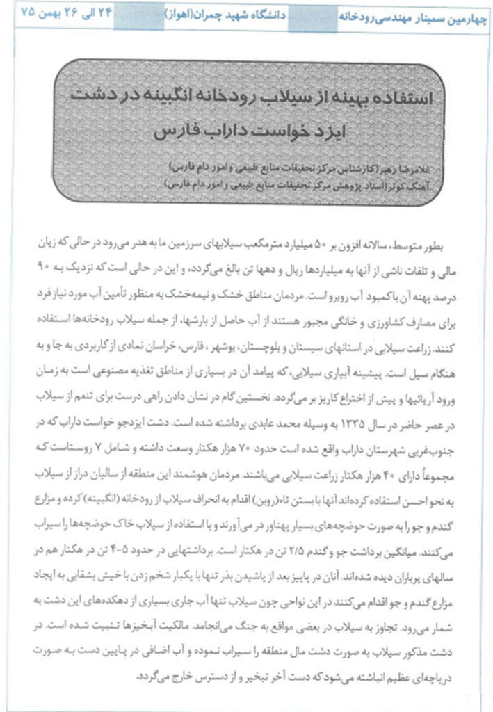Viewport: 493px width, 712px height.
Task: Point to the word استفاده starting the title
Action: pyautogui.click(x=391, y=98)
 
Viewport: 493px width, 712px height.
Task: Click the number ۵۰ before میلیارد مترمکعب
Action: pyautogui.click(x=321, y=249)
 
